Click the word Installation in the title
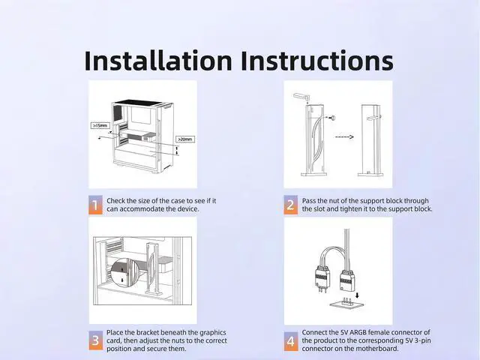pyautogui.click(x=158, y=61)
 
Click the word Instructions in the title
pyautogui.click(x=317, y=61)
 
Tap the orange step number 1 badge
pyautogui.click(x=95, y=205)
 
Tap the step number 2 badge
pyautogui.click(x=290, y=205)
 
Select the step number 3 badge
pyautogui.click(x=95, y=340)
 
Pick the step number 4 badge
pyautogui.click(x=290, y=341)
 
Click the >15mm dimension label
pyautogui.click(x=100, y=125)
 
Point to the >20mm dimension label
pyautogui.click(x=185, y=139)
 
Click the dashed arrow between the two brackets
pyautogui.click(x=344, y=136)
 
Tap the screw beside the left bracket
pyautogui.click(x=332, y=118)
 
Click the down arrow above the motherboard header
pyautogui.click(x=358, y=295)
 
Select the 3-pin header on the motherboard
pyautogui.click(x=346, y=302)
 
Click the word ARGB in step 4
pyautogui.click(x=358, y=332)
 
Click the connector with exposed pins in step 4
pyautogui.click(x=322, y=277)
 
